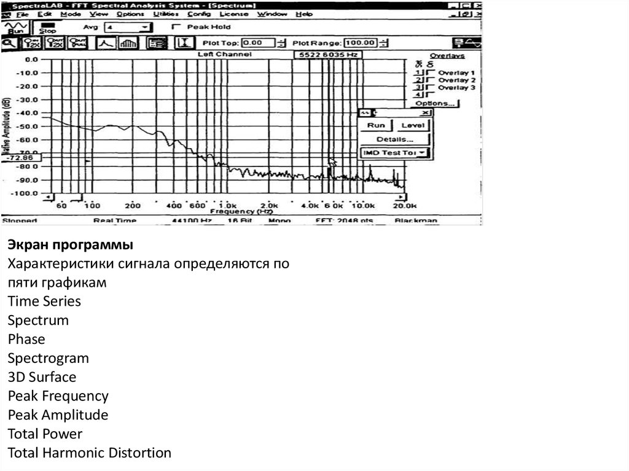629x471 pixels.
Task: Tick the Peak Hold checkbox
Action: (x=177, y=27)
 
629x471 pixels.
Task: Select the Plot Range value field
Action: (x=360, y=43)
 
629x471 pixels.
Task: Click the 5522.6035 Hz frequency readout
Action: (x=327, y=55)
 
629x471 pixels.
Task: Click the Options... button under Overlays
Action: (x=436, y=104)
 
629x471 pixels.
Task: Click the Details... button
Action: (x=395, y=139)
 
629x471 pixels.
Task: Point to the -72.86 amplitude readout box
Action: (x=21, y=158)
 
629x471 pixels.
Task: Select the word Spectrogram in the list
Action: (x=49, y=358)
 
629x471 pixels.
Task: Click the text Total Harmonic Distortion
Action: (x=90, y=453)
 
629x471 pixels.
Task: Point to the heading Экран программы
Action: (x=70, y=245)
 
